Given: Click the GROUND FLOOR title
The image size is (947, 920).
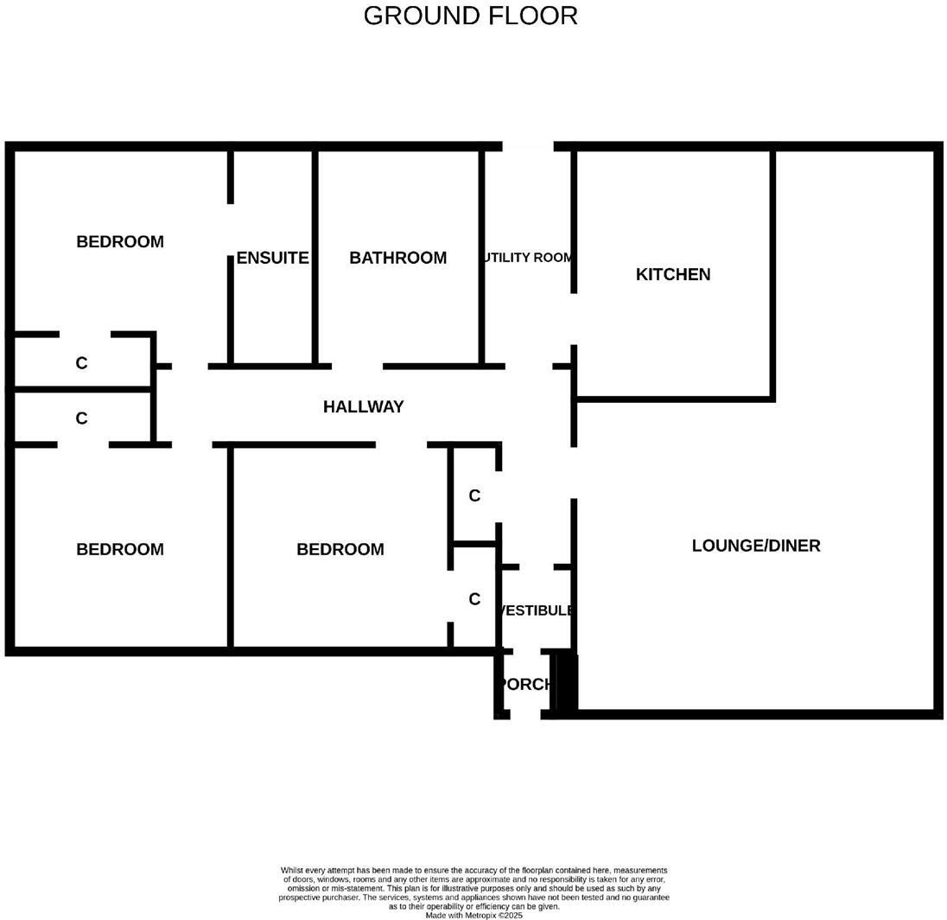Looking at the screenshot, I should coord(470,16).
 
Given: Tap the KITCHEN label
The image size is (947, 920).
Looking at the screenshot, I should coord(673,274).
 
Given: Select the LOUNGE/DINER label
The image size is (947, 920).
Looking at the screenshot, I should coord(756,546).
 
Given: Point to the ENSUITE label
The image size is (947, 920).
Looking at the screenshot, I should coord(272,258).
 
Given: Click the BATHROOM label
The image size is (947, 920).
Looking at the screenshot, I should coord(397,258).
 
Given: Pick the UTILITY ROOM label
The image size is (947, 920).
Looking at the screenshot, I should coord(528,258).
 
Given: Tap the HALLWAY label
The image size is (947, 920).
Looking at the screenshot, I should coord(363,406).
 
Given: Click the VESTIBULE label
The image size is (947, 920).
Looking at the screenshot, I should coord(536,610).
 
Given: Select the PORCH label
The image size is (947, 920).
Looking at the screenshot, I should coord(524,684).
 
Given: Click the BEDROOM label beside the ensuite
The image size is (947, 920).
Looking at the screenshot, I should coord(120,241).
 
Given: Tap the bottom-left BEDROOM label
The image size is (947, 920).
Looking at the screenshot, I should coord(120,549).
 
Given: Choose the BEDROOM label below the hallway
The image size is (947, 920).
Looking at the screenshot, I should coord(340,549).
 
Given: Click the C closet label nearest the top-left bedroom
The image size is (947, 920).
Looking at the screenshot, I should coord(81,363).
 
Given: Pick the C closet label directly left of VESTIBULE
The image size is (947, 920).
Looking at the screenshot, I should coord(474,599).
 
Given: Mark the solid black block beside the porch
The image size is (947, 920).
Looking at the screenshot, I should coord(565,683).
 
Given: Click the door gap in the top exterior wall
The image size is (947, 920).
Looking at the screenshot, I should coord(528,147).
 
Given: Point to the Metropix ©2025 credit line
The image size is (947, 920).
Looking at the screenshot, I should coord(473,915).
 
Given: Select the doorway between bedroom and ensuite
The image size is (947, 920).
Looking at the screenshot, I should coord(231,230).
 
